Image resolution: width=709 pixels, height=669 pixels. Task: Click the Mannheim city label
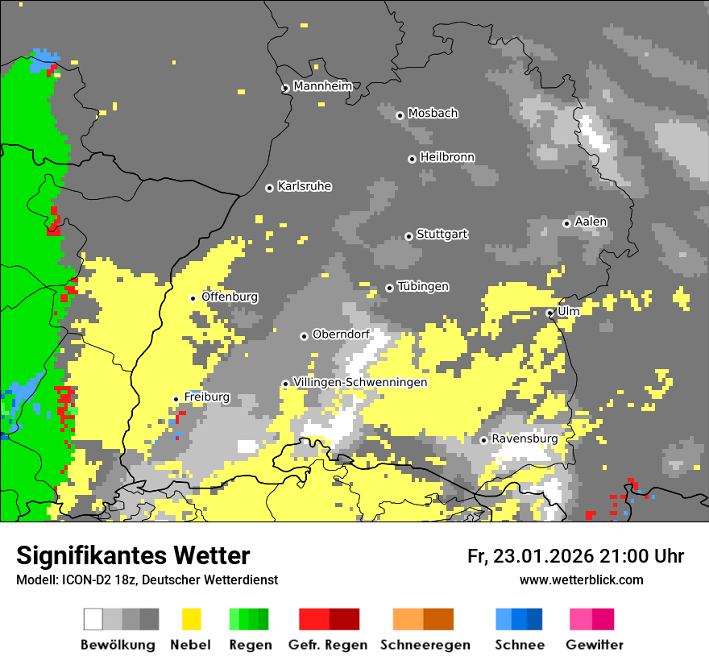coord(323,86)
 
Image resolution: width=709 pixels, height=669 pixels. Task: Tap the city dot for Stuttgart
coord(408,236)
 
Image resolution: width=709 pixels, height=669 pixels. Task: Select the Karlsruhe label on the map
coord(305,186)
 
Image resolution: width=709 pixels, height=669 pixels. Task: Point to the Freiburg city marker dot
coord(176,399)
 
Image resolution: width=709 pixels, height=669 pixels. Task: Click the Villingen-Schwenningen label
coord(360,382)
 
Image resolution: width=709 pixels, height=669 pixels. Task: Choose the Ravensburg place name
coord(524,438)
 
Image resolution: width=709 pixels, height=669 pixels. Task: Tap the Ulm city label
coord(569,311)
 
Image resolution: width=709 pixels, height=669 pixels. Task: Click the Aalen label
coord(591,222)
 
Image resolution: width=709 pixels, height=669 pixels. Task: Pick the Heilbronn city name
coord(447,157)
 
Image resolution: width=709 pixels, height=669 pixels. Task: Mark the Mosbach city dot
coord(400,115)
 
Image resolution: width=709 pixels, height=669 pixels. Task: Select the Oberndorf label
coord(341,334)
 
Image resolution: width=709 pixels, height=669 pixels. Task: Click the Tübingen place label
coord(423,286)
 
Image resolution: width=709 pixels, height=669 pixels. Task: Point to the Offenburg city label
coord(230,297)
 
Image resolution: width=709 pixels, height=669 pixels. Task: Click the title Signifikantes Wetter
coord(133,555)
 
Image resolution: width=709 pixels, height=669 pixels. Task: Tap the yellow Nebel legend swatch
coord(191,619)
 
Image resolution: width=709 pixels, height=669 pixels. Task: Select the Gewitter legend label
coord(595,645)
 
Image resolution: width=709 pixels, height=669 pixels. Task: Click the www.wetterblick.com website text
coord(581,580)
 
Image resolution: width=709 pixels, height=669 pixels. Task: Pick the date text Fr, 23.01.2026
coord(529,556)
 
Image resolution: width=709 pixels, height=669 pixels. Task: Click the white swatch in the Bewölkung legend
coord(93,619)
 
